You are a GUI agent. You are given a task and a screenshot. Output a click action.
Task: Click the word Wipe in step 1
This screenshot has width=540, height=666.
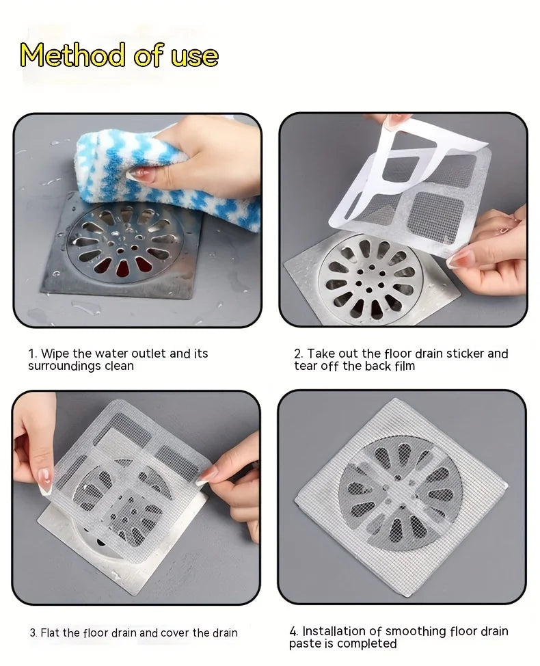coord(55,354)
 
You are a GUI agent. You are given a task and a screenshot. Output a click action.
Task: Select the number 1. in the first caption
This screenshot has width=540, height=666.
coord(33,354)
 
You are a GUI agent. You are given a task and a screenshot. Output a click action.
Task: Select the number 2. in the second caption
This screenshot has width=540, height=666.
coord(299,354)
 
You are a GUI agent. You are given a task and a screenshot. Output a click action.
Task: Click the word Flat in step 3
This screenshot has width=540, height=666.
coord(51,632)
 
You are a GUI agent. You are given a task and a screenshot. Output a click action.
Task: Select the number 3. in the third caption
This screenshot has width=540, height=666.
coord(33,632)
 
